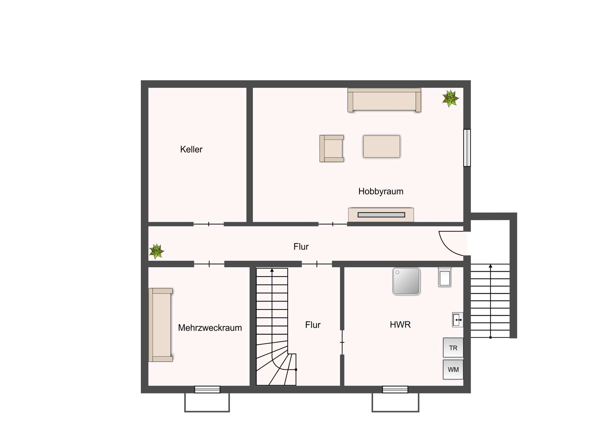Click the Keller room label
191,149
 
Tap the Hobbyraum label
381,192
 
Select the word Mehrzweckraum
210,328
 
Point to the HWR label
400,325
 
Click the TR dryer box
453,348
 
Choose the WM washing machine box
453,369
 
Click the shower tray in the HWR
406,281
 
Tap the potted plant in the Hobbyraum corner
450,98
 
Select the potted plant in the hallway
156,251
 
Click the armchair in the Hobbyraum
331,149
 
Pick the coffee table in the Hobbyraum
382,146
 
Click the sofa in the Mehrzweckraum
161,325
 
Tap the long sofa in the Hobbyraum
384,100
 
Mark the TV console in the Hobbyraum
381,215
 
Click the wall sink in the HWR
457,320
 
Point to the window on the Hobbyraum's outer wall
467,148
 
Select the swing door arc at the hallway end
447,247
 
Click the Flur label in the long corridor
301,247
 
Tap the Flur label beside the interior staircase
313,325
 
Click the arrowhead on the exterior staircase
490,266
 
